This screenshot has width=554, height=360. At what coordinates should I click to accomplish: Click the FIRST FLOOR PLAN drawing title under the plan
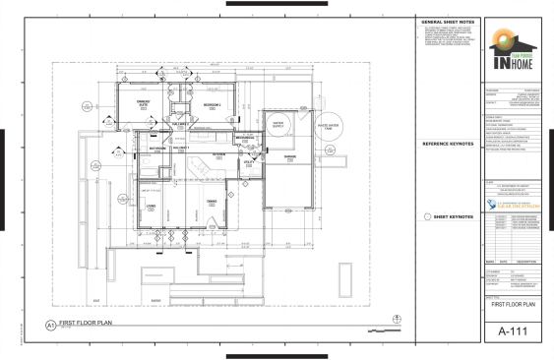pyautogui.click(x=89, y=323)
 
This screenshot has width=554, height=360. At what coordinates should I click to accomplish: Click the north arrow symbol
pyautogui.click(x=396, y=317)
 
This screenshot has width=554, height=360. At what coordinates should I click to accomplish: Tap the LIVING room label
pyautogui.click(x=153, y=206)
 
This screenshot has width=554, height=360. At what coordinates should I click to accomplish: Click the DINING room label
pyautogui.click(x=211, y=203)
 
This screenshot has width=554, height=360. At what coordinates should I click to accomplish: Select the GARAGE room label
pyautogui.click(x=290, y=156)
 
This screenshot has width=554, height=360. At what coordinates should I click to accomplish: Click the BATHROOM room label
pyautogui.click(x=157, y=149)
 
